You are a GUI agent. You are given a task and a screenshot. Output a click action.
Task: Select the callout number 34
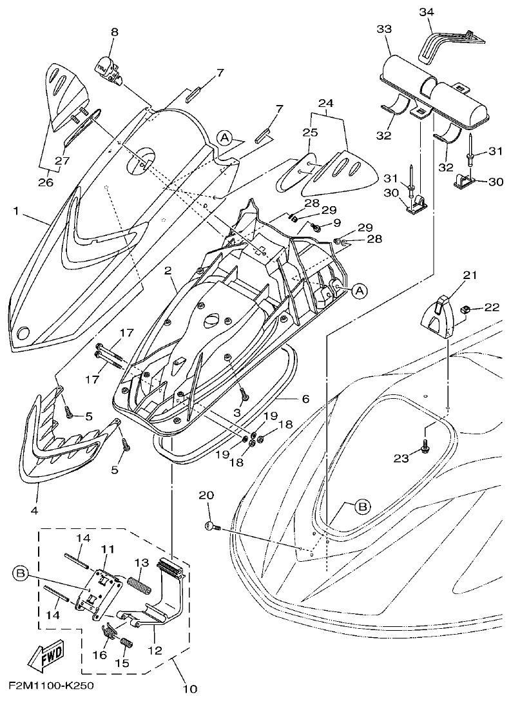427,12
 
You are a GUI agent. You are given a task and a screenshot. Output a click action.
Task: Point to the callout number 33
384,30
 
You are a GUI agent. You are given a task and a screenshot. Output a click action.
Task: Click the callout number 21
469,276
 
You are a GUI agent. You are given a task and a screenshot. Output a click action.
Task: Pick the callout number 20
206,495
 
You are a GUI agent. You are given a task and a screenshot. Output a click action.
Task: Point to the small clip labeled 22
465,311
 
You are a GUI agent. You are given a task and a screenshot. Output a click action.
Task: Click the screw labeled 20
212,527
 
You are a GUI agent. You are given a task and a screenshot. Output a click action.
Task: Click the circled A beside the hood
224,137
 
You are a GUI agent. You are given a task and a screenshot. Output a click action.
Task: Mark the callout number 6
305,398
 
